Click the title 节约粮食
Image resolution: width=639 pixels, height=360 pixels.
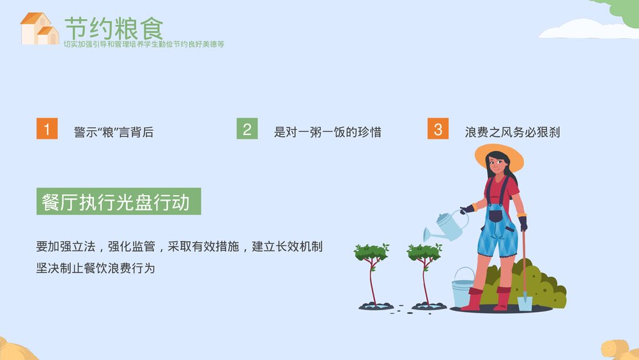click(x=114, y=27)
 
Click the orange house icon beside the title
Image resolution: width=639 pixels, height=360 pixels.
click(x=39, y=29)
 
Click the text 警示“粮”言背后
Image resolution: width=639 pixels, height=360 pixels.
click(x=114, y=132)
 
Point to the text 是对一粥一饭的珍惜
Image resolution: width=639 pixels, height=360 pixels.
click(x=327, y=132)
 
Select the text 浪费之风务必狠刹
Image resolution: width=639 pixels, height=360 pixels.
click(x=512, y=132)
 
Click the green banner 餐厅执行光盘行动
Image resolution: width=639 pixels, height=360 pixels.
click(x=118, y=201)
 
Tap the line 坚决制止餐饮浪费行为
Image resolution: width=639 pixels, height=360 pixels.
click(x=96, y=268)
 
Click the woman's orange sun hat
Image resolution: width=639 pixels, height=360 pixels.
click(x=498, y=155)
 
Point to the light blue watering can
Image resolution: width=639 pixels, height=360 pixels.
click(x=447, y=226)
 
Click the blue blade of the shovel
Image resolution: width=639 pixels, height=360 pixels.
click(x=525, y=301)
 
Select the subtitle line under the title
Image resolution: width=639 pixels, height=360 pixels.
click(x=144, y=44)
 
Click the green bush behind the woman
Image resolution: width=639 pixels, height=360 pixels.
click(x=543, y=285)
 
